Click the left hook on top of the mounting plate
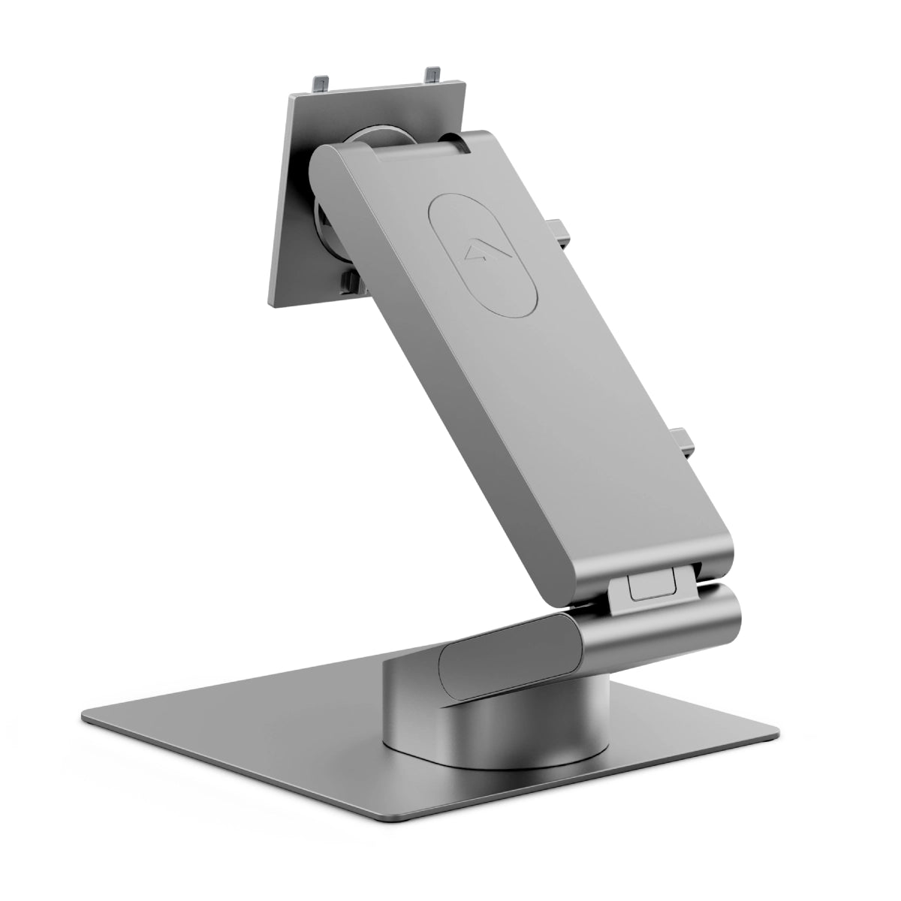pos(321,81)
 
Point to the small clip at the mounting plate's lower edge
pos(347,283)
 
